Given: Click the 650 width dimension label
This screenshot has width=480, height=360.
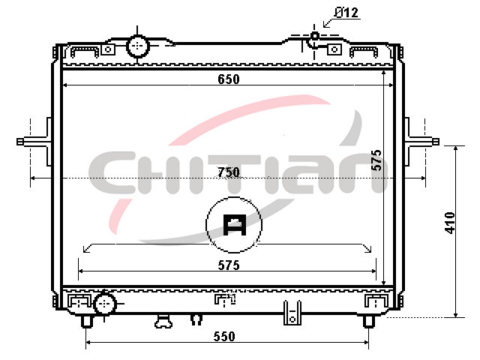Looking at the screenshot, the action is tap(228, 79).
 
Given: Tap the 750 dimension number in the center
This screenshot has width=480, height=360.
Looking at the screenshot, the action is tap(228, 172).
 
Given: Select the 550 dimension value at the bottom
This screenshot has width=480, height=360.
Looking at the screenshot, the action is tap(224, 336).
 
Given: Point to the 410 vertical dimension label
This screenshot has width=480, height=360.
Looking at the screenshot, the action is tap(450, 223).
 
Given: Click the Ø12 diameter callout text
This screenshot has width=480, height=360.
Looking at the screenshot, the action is tap(346, 13).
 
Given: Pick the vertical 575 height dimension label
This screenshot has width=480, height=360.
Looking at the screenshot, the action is tap(376, 160).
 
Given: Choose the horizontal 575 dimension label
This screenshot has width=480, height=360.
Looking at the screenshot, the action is tap(229, 265).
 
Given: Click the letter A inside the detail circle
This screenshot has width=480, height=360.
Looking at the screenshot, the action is tap(235, 225).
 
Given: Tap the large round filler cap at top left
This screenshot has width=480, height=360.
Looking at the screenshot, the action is tap(138, 46).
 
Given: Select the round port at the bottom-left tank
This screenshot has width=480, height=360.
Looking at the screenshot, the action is tap(105, 303).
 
